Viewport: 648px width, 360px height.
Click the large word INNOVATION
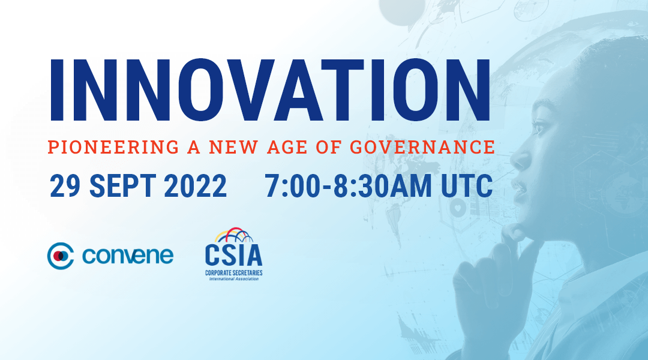pos(270,90)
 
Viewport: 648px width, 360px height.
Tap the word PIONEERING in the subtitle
pos(113,147)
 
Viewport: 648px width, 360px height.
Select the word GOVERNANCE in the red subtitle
pos(422,147)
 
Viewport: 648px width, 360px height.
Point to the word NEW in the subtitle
pos(233,147)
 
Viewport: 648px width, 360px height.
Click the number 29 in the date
pos(65,185)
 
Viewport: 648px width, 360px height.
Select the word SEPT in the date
pos(122,185)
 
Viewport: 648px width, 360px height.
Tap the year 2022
pos(196,185)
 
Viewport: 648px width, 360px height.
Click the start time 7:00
pos(293,185)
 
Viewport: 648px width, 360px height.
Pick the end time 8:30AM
pos(383,185)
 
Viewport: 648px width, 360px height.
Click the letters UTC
pos(467,185)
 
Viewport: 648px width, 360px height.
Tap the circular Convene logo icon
pos(61,256)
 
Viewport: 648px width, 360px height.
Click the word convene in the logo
pos(128,256)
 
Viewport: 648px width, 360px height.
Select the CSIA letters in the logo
pos(233,254)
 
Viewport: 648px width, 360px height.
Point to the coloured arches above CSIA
pos(234,235)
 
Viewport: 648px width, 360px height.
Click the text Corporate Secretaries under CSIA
pos(234,273)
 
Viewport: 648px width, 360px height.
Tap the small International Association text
pos(234,279)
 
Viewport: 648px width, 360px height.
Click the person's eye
pos(539,127)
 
